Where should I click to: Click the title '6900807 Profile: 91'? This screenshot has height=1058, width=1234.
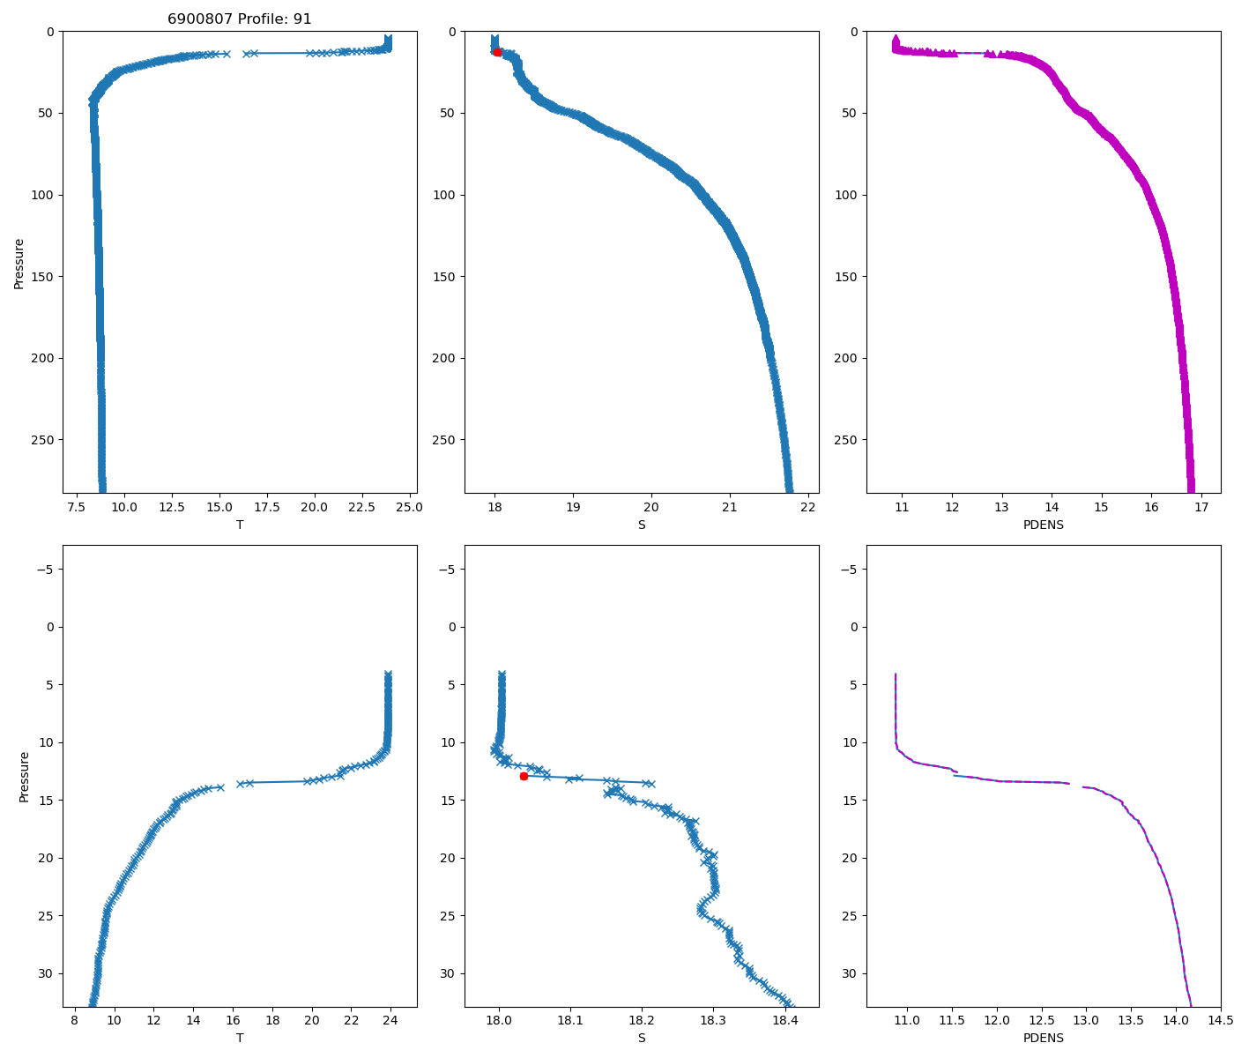click(240, 19)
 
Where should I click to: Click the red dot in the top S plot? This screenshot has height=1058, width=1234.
click(497, 53)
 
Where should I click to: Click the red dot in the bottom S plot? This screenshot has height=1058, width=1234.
click(524, 776)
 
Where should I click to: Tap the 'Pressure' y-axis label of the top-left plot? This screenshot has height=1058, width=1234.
click(19, 263)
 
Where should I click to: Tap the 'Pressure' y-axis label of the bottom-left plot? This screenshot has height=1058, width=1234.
click(25, 776)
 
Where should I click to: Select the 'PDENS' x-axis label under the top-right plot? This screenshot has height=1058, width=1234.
click(1043, 525)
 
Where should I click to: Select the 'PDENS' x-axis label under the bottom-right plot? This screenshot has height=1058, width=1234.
click(1043, 1038)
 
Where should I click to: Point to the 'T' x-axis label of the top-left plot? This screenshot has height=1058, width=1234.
click(240, 525)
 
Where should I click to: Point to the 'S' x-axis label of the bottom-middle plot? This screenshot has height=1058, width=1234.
click(642, 1038)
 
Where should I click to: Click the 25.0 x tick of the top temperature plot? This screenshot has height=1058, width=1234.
click(409, 507)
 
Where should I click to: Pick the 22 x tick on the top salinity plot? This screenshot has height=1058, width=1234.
click(807, 507)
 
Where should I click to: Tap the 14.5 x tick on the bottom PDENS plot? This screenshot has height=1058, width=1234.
click(1220, 1020)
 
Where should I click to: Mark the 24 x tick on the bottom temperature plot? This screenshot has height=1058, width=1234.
click(390, 1020)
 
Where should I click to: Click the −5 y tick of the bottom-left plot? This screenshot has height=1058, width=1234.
click(44, 570)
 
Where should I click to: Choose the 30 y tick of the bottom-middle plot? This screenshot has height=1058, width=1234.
click(448, 973)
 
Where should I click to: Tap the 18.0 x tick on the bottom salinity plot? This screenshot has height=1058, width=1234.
click(500, 1020)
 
